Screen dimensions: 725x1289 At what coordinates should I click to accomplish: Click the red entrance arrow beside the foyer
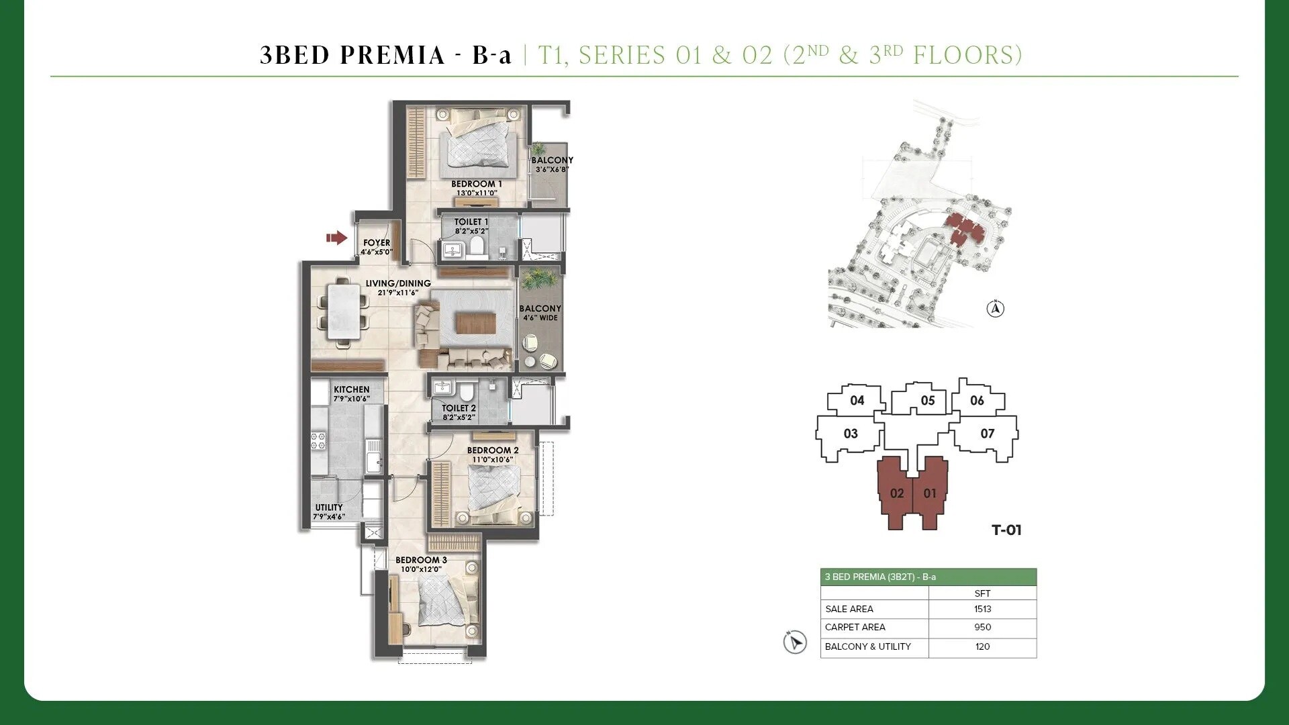[x=336, y=238]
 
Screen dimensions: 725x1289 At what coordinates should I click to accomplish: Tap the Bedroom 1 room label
[x=476, y=184]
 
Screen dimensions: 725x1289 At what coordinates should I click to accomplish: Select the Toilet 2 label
[x=459, y=408]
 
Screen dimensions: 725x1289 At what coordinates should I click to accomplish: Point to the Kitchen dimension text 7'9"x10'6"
[x=351, y=399]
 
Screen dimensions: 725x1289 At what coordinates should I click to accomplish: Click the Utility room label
[x=329, y=507]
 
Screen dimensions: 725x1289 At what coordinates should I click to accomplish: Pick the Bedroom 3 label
[x=421, y=560]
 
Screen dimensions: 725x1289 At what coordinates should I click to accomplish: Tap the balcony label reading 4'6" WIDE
[x=540, y=318]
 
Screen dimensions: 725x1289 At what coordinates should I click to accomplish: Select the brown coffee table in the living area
[x=476, y=324]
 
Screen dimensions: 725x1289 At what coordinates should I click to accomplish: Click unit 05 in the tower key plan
[x=927, y=401]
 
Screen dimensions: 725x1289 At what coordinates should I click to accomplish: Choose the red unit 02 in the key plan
[x=896, y=493]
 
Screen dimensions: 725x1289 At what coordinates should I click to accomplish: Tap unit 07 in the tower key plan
[x=987, y=434]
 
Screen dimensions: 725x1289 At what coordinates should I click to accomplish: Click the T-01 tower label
[x=1006, y=530]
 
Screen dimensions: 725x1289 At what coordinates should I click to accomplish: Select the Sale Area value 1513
[x=982, y=609]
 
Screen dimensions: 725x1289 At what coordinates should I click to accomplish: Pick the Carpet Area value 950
[x=982, y=627]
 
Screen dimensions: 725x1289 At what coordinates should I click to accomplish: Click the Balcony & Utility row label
[x=867, y=646]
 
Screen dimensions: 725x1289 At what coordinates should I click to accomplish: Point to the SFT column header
[x=982, y=593]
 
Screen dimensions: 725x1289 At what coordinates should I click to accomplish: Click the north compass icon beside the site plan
[x=995, y=309]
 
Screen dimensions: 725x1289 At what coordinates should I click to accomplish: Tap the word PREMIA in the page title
[x=392, y=55]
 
